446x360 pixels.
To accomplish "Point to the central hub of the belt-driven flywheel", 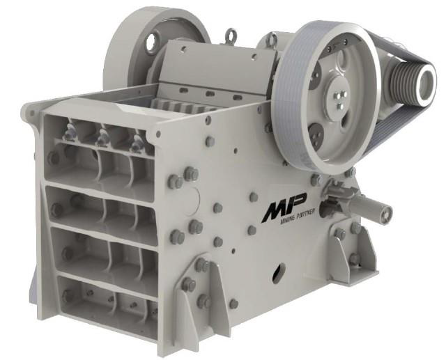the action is pyautogui.click(x=339, y=96).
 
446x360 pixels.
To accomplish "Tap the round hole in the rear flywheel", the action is pyautogui.click(x=152, y=43).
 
